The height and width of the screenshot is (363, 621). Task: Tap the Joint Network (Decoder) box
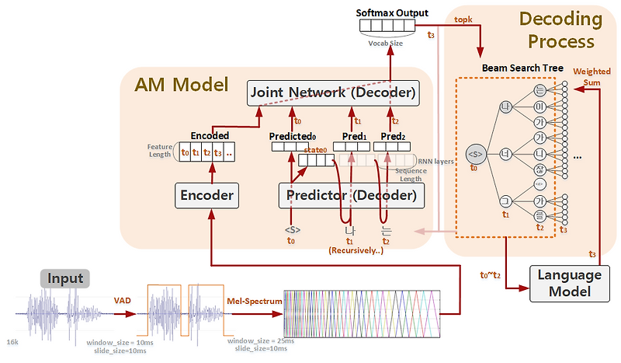[x=332, y=93]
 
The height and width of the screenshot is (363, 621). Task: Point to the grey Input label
[x=65, y=278]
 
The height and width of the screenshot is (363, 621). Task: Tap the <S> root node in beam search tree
[x=475, y=153]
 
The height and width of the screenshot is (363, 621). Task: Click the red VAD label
[x=123, y=301]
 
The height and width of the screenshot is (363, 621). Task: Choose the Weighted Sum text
[x=592, y=77]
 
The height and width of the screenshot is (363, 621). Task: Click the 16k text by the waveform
[x=13, y=341]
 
